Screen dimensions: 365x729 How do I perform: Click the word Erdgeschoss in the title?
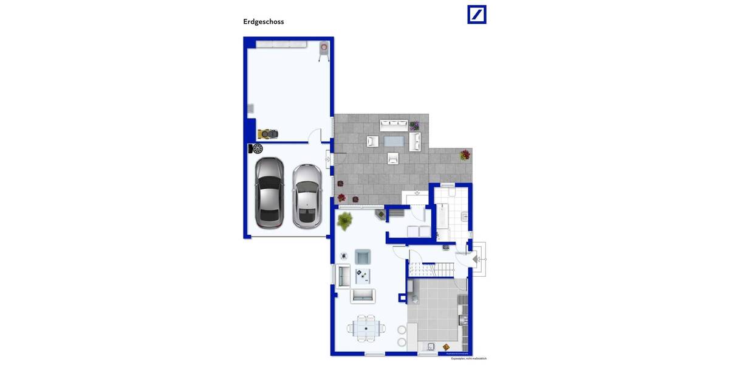click(x=264, y=22)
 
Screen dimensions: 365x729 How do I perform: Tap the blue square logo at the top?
click(x=477, y=15)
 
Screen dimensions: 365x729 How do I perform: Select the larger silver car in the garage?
click(x=269, y=192)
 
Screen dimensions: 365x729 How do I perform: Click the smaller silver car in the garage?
click(x=306, y=195)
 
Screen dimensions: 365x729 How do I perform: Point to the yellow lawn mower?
click(x=267, y=133)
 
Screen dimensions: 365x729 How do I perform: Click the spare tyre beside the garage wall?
click(x=257, y=148)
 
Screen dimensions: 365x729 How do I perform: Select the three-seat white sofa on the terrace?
click(x=394, y=125)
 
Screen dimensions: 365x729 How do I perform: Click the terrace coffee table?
click(x=393, y=142)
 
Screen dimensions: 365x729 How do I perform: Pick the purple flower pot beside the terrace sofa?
click(x=414, y=126)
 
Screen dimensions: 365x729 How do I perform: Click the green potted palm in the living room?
click(x=344, y=221)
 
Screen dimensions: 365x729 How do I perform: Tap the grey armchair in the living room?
click(x=363, y=256)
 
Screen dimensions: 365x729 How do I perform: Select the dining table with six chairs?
click(x=366, y=328)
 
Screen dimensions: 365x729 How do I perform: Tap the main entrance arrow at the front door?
click(x=479, y=259)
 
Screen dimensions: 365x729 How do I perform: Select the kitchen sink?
click(x=431, y=347)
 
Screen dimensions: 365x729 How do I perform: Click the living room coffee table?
click(x=363, y=276)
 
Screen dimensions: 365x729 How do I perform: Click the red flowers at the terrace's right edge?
click(x=465, y=155)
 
